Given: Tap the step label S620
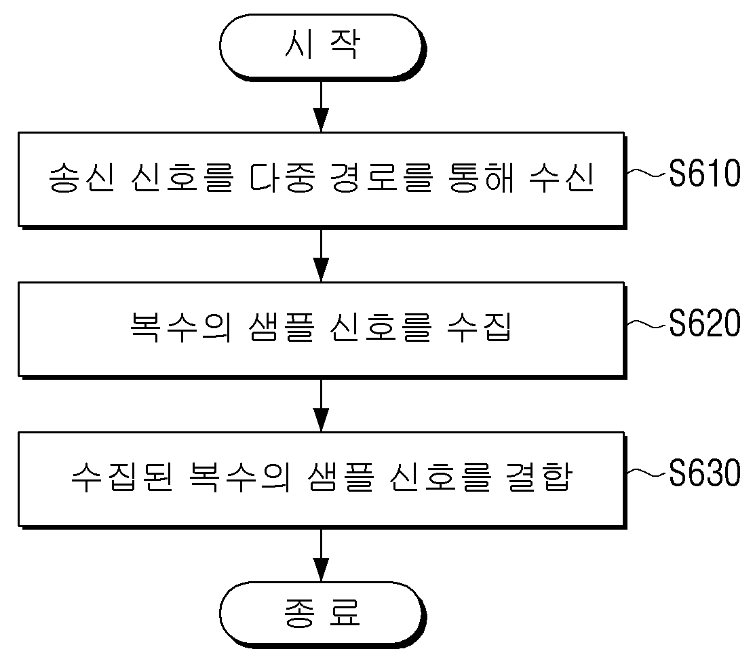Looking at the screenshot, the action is pyautogui.click(x=705, y=323).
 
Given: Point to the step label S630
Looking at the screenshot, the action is pyautogui.click(x=705, y=473).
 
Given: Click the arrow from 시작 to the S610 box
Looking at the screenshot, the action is pyautogui.click(x=321, y=106).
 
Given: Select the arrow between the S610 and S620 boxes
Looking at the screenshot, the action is pyautogui.click(x=321, y=256).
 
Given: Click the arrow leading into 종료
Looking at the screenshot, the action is pyautogui.click(x=321, y=555).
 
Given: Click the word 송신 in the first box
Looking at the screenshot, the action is pyautogui.click(x=82, y=178).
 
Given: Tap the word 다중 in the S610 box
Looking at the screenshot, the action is pyautogui.click(x=283, y=178).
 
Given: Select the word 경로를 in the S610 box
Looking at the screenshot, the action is pyautogui.click(x=382, y=178).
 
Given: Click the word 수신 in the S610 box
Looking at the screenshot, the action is pyautogui.click(x=562, y=178).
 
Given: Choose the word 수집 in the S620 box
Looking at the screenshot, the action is pyautogui.click(x=479, y=328).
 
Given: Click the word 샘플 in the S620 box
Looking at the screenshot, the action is pyautogui.click(x=282, y=328).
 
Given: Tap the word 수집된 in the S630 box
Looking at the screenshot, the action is pyautogui.click(x=122, y=477).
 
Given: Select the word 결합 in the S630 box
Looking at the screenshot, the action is pyautogui.click(x=540, y=477).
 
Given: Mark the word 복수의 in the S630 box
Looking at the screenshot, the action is pyautogui.click(x=240, y=477).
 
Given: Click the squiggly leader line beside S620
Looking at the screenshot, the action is pyautogui.click(x=648, y=324).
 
